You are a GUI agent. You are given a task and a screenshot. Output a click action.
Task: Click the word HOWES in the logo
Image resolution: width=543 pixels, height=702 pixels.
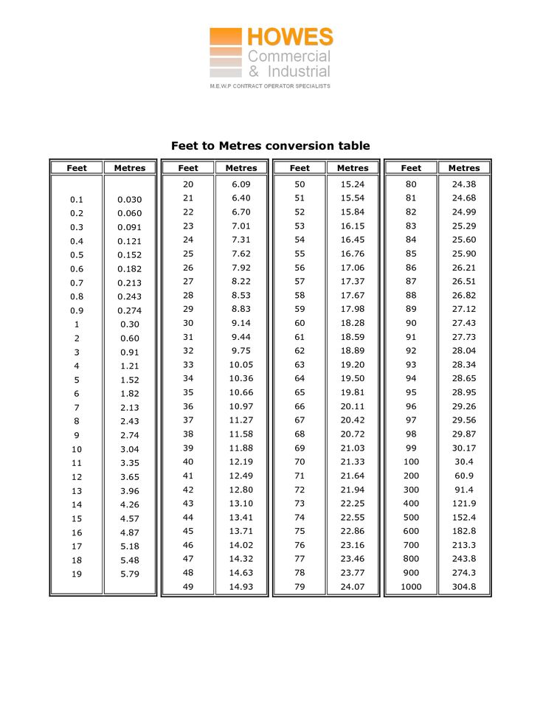click(290, 38)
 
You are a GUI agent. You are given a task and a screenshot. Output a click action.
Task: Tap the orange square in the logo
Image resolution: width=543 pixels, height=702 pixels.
click(225, 37)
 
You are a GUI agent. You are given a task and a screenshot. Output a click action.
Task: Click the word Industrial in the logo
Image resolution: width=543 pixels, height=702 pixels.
click(299, 72)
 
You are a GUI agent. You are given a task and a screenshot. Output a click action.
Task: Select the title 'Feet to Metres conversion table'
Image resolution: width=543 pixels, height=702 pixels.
click(271, 146)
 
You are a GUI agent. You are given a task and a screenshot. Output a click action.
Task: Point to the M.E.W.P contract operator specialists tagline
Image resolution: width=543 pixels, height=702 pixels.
click(270, 86)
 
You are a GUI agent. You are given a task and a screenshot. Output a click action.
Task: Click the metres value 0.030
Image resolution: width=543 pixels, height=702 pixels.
click(130, 200)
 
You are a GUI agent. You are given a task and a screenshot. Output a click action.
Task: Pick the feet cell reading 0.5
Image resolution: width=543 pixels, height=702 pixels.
click(77, 255)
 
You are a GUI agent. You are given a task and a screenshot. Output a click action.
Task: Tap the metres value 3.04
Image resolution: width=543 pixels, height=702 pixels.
click(130, 449)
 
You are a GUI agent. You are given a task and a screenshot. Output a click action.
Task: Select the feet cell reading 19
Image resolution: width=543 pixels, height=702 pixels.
click(77, 574)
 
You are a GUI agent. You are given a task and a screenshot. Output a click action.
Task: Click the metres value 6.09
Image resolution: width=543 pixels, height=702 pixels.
click(241, 184)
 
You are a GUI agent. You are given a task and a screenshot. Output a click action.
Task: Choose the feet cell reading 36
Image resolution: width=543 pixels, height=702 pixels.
click(188, 406)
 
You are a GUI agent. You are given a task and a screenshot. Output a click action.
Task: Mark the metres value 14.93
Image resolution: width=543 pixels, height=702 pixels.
click(241, 587)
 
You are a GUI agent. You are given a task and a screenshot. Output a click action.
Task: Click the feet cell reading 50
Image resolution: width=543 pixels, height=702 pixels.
click(300, 184)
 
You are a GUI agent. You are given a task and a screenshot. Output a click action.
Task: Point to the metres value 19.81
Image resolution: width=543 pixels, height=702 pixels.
click(353, 392)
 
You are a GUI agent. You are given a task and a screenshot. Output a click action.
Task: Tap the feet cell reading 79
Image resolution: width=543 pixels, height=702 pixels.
click(300, 587)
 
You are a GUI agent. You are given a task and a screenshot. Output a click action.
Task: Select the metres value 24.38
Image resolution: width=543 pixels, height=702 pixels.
click(464, 184)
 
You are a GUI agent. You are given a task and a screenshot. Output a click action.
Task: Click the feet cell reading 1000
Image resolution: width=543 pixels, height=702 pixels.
click(411, 587)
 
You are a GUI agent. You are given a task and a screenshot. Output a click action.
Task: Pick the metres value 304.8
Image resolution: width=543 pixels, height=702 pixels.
click(464, 587)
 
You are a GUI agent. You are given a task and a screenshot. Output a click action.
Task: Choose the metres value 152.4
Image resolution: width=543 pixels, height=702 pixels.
click(464, 518)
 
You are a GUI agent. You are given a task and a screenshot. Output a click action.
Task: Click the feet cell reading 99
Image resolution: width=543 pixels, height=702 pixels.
click(411, 448)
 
